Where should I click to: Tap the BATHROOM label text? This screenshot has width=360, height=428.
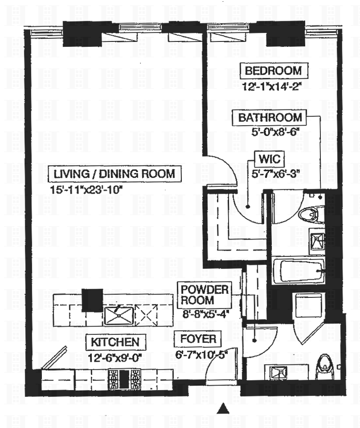coord(270,118)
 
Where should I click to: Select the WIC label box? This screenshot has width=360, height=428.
coord(270,159)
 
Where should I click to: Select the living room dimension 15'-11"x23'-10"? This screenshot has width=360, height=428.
coord(86,189)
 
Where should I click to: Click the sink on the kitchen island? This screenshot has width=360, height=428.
coord(119,315)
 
